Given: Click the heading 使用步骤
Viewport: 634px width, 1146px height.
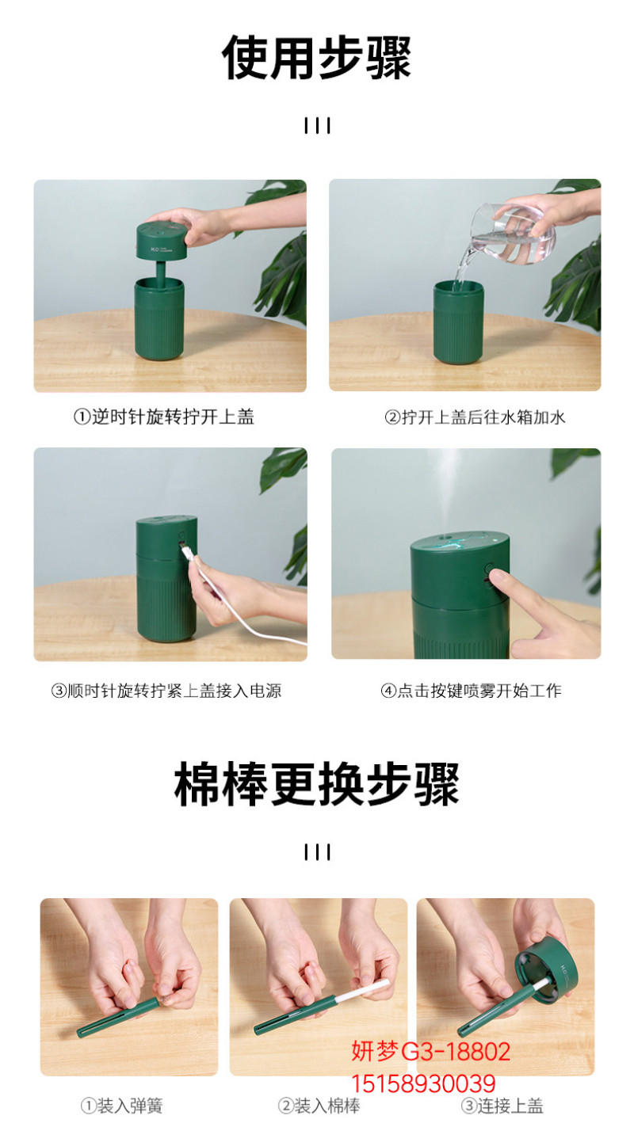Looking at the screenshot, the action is tap(316, 58).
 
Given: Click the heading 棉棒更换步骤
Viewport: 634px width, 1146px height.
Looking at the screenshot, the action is tap(316, 783).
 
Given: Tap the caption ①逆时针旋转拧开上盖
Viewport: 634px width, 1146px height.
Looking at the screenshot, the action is tap(164, 417).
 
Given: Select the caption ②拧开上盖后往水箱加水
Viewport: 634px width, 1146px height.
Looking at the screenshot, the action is tap(475, 417).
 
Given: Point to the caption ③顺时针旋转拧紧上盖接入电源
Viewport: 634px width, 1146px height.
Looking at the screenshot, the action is tap(166, 691).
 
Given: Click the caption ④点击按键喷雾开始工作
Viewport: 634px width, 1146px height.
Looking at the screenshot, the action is tap(472, 691).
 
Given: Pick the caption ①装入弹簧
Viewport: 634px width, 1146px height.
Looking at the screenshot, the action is tap(122, 1106).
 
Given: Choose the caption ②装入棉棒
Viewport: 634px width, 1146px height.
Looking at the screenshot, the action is tap(319, 1106).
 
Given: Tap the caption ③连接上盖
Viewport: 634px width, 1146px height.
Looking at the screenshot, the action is tap(502, 1106).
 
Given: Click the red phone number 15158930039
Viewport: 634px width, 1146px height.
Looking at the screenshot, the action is tap(423, 1084).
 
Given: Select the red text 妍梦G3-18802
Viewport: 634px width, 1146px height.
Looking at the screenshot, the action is tap(430, 1052).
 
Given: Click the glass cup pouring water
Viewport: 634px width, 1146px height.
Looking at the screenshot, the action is tap(512, 234).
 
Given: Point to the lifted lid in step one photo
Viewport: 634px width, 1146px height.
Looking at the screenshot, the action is tap(162, 241).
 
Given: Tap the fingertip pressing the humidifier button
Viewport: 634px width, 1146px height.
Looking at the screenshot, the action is tap(496, 577).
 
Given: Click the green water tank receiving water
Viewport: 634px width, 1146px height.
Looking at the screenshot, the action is tap(458, 322).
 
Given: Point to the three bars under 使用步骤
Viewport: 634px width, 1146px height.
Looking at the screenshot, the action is tap(317, 126).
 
